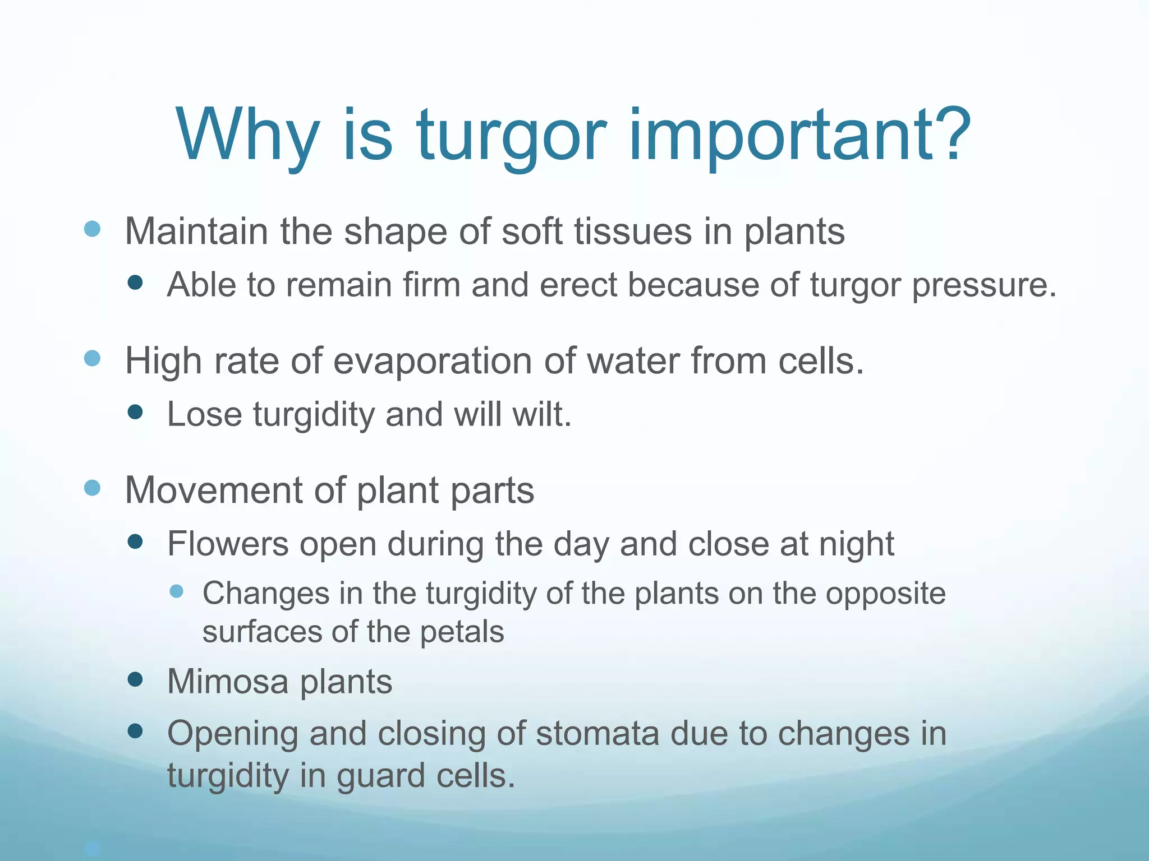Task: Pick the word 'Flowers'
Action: click(x=228, y=544)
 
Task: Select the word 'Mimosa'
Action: click(x=227, y=682)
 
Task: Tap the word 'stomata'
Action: click(x=597, y=734)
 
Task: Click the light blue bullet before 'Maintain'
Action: click(x=92, y=229)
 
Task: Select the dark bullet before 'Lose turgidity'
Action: click(x=135, y=413)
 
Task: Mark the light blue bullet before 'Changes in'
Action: click(x=177, y=591)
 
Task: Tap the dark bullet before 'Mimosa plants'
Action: click(x=135, y=680)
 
